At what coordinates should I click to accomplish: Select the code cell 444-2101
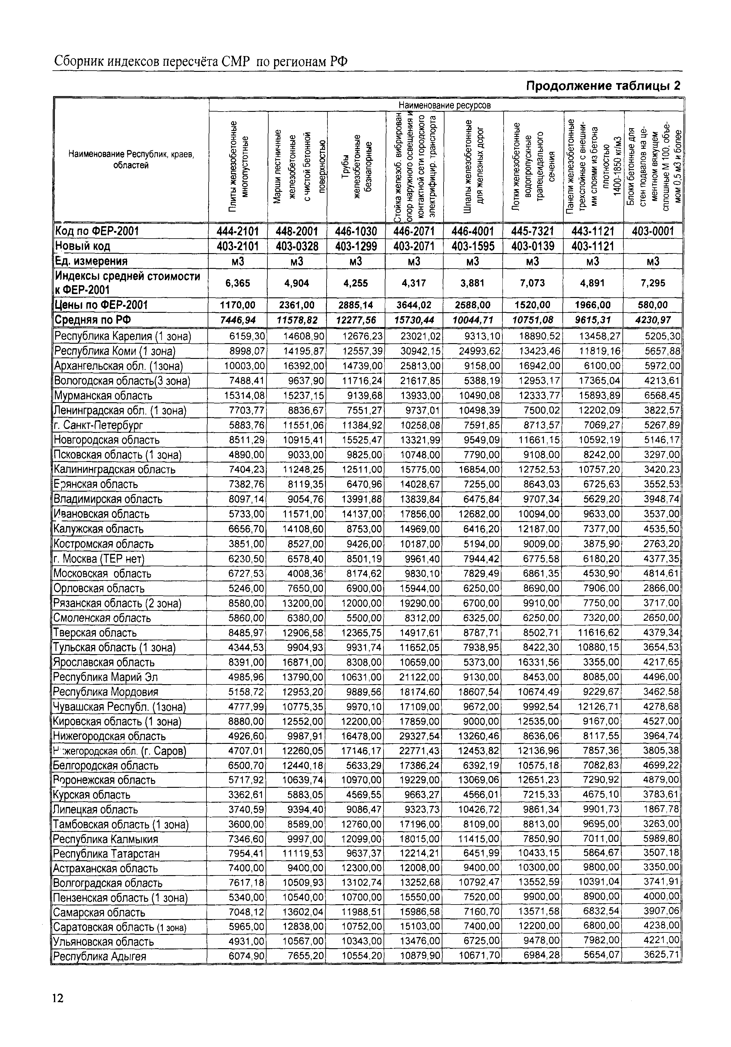pos(238,231)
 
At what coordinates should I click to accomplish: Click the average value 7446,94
pos(238,320)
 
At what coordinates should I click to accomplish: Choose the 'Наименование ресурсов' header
pos(445,105)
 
